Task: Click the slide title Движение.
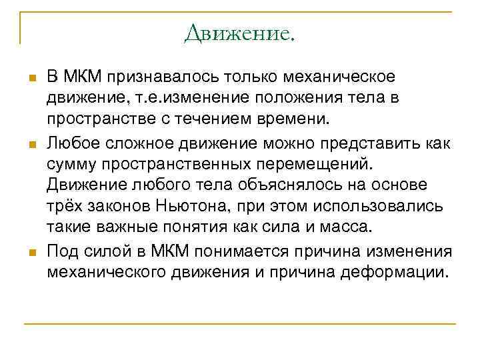[x=239, y=32]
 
